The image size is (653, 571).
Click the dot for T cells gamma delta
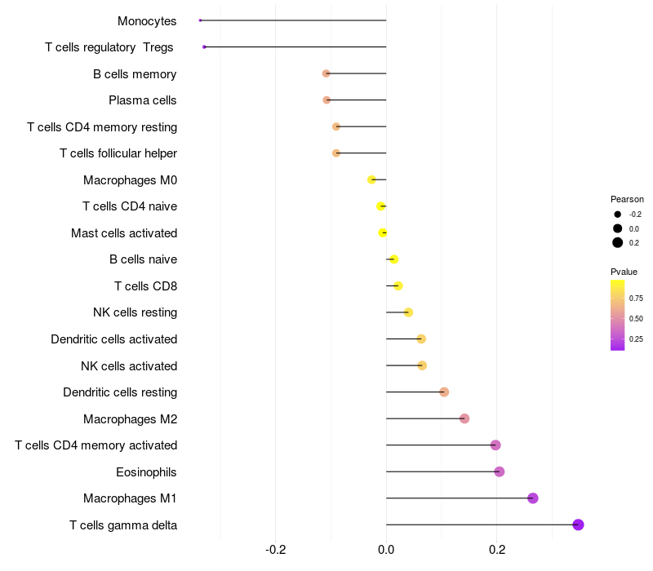(x=578, y=525)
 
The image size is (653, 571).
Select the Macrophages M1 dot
(x=533, y=498)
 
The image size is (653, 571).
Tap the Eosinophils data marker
(x=500, y=471)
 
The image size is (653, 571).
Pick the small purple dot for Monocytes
(x=200, y=20)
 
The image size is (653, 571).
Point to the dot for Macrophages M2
(x=464, y=418)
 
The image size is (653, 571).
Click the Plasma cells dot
(x=326, y=100)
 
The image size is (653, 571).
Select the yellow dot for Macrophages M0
(x=372, y=179)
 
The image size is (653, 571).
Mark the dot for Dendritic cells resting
(x=444, y=392)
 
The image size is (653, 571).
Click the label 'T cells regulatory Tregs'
(x=110, y=47)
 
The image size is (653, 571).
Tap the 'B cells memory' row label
(x=135, y=74)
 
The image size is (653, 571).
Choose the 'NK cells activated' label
(x=129, y=365)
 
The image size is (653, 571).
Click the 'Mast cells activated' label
(x=124, y=233)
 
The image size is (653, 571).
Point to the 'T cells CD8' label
(x=145, y=286)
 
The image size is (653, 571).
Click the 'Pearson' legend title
(x=627, y=199)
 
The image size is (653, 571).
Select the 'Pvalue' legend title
(x=624, y=272)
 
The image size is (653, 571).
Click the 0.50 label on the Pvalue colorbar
(x=636, y=318)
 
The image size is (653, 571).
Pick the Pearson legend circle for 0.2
(x=618, y=242)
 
